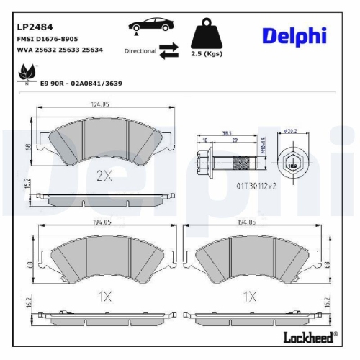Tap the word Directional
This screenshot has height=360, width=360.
click(140, 51)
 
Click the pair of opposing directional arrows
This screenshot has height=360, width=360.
click(169, 51)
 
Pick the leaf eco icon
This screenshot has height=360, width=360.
click(27, 72)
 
